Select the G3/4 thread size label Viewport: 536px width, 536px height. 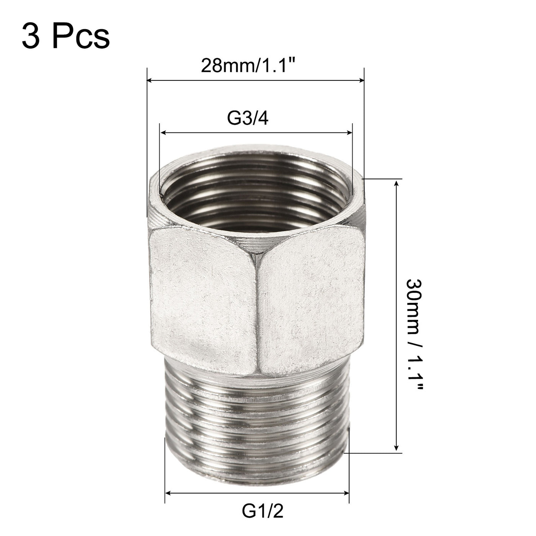248,119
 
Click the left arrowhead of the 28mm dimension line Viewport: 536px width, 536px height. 150,80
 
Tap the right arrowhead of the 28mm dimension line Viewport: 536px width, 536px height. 361,80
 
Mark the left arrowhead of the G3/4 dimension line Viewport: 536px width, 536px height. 163,133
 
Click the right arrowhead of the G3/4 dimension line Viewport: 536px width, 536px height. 349,133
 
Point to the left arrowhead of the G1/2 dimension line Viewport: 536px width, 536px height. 167,493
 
